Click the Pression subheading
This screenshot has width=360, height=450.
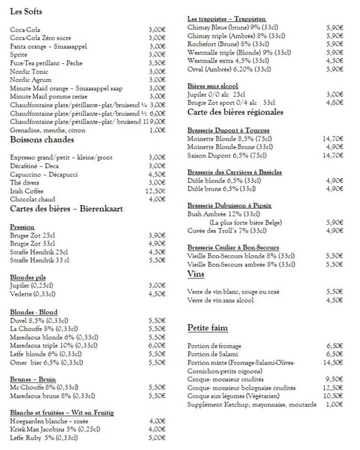pos(23,226)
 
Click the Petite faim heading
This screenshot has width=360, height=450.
pos(208,327)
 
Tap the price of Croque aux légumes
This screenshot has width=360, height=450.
pos(333,396)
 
